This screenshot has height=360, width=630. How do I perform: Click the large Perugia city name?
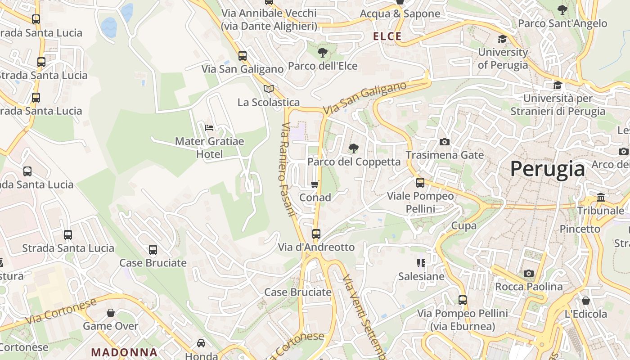click(547, 169)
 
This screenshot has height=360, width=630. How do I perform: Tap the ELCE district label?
click(387, 36)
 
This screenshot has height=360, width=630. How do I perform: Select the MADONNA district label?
click(124, 352)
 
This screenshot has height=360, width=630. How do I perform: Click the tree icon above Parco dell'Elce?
click(323, 53)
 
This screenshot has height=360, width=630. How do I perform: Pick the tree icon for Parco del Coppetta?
click(354, 148)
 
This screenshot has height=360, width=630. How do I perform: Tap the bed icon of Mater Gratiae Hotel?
click(209, 128)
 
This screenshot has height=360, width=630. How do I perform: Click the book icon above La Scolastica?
click(269, 89)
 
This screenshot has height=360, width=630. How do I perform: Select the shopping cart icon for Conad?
click(315, 184)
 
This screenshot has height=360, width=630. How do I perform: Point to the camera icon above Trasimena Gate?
click(444, 142)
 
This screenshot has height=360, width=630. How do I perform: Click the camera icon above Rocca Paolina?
click(529, 273)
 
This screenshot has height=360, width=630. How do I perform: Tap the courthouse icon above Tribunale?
click(601, 197)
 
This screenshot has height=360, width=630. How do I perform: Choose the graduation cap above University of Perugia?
click(502, 39)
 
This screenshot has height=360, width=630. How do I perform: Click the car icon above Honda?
click(201, 343)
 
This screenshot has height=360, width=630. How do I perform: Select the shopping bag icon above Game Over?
click(111, 312)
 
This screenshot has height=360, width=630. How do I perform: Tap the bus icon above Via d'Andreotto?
click(316, 234)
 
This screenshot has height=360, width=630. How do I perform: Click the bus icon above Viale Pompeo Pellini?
click(420, 182)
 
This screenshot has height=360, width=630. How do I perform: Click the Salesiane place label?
click(421, 276)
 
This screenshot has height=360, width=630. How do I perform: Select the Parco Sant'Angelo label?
click(562, 23)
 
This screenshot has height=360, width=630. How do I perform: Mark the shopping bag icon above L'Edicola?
click(586, 300)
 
